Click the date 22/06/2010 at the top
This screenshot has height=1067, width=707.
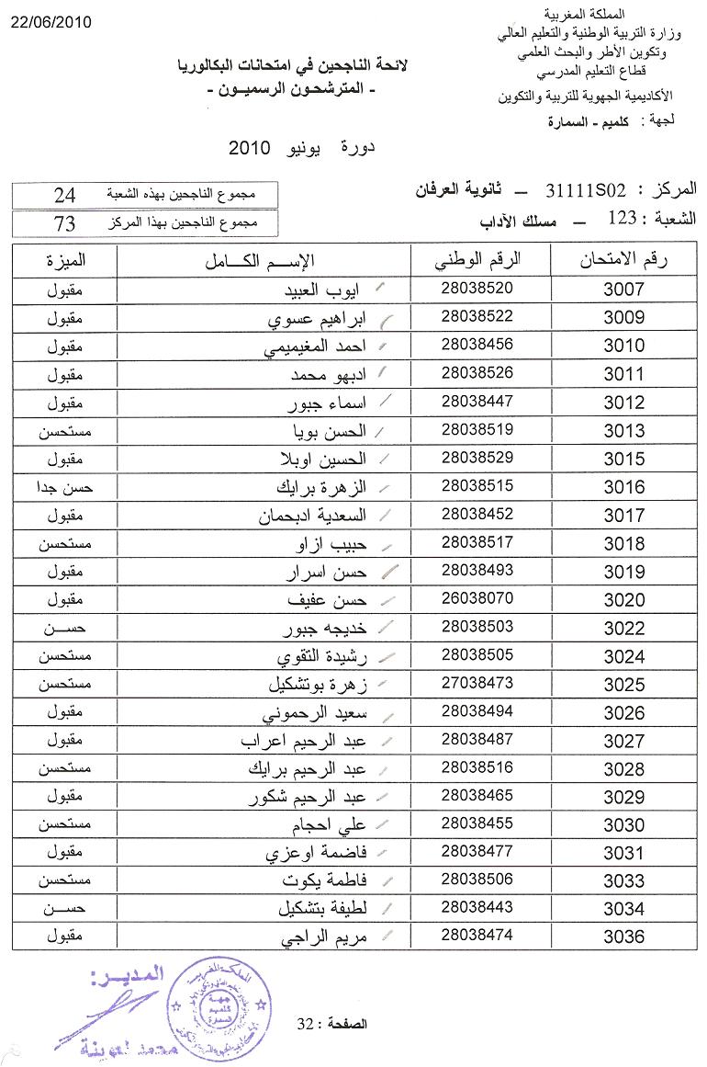pos(51,23)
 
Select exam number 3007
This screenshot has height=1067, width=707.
pos(624,290)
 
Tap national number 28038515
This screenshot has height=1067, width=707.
pos(477,485)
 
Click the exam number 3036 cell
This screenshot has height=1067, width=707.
pos(624,936)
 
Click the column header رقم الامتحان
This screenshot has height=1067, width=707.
pos(624,261)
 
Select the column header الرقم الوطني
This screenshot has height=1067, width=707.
pos(477,260)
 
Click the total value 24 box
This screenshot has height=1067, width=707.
pos(65,195)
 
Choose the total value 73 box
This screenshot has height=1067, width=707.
pos(65,223)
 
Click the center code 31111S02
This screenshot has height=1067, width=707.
pos(585,191)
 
